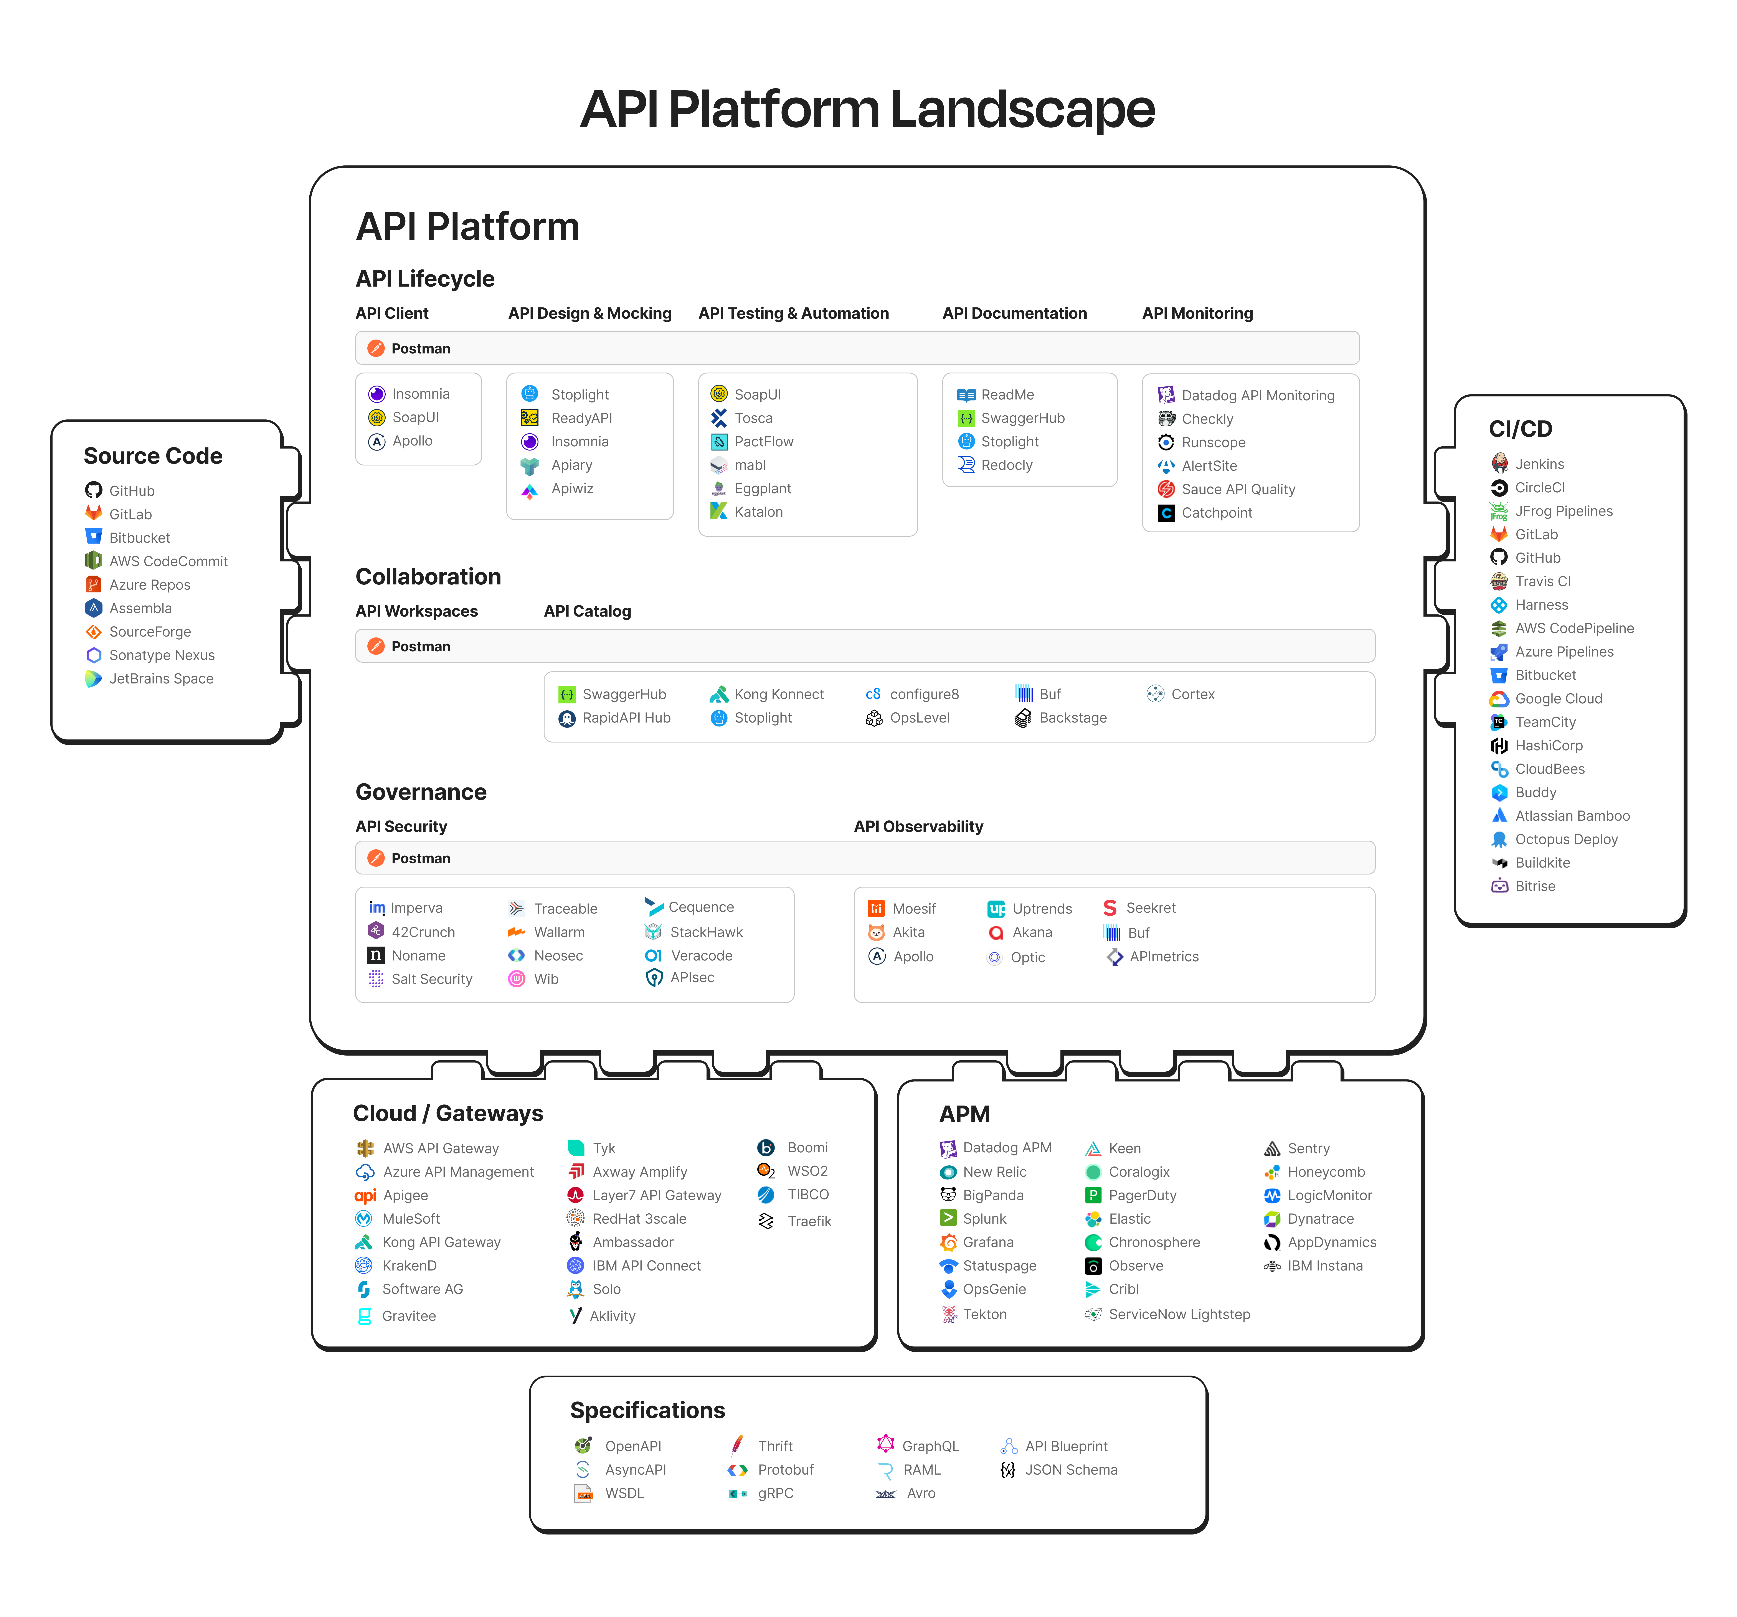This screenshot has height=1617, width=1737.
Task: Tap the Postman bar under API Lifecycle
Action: point(856,348)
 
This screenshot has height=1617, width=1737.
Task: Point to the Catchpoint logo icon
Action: point(1166,513)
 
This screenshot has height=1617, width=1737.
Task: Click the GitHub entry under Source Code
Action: point(131,491)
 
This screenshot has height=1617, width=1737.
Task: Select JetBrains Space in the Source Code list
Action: point(161,679)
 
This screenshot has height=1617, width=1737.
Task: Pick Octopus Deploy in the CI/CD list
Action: point(1566,840)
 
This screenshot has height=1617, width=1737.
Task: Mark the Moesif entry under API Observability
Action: point(913,909)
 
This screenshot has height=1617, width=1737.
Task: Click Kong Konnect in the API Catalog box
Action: point(779,695)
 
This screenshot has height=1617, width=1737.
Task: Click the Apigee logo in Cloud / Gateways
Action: point(365,1196)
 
